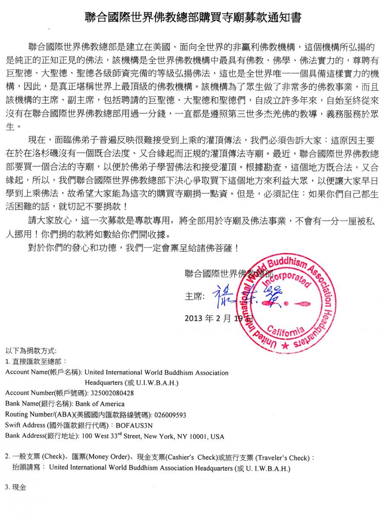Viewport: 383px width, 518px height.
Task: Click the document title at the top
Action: click(x=191, y=18)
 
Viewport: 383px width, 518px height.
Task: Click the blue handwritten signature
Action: click(x=233, y=297)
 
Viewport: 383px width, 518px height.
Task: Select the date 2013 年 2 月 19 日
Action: click(x=218, y=319)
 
